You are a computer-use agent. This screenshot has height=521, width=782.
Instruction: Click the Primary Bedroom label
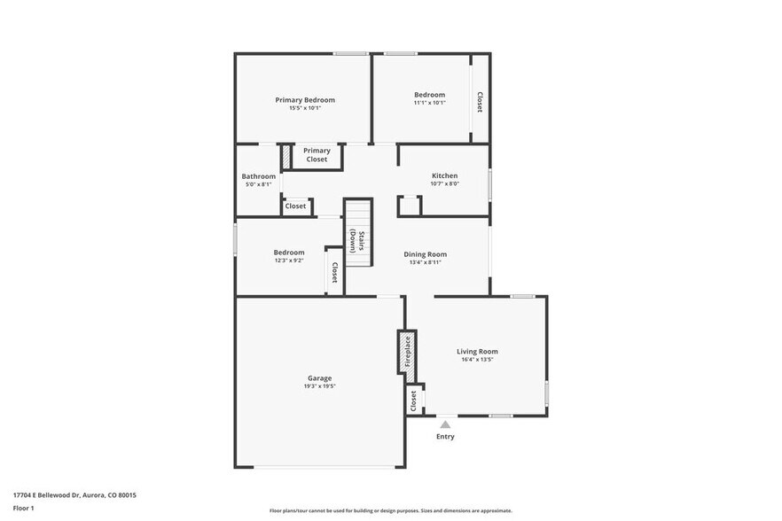305,100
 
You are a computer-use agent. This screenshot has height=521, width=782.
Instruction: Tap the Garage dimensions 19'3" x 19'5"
320,386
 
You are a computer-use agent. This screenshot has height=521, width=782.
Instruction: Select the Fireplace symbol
406,352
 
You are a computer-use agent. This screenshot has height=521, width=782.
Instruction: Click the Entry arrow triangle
445,425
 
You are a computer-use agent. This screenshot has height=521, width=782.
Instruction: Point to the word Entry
445,437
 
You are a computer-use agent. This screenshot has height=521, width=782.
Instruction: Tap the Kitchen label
444,175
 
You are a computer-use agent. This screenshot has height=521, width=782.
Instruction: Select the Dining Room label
426,254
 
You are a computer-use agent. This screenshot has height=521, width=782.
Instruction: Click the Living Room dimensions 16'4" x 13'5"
477,360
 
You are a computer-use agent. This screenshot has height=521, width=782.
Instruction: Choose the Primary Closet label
317,155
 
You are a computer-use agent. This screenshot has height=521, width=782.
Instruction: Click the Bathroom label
259,176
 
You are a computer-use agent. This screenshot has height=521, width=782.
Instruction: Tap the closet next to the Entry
413,401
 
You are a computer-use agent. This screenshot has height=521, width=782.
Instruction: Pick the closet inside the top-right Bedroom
480,102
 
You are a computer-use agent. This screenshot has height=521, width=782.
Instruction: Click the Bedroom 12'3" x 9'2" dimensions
289,260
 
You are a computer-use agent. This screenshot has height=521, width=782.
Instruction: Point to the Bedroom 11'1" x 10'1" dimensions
429,103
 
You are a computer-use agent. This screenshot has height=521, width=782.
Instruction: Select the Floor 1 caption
23,508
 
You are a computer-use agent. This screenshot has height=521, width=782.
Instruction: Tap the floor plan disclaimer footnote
390,511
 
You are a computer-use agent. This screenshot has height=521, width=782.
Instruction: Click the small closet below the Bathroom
295,206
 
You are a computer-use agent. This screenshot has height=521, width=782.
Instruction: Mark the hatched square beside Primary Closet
286,157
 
